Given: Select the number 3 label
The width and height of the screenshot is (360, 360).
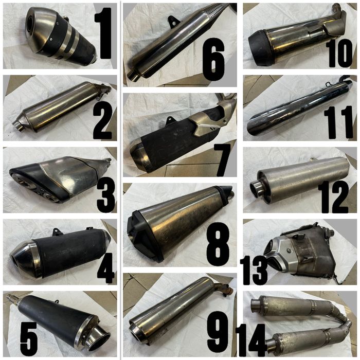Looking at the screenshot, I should coord(105,193).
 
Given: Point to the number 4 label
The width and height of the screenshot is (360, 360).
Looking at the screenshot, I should coord(105,265).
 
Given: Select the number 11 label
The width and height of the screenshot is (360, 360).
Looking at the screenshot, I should coord(338,122).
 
